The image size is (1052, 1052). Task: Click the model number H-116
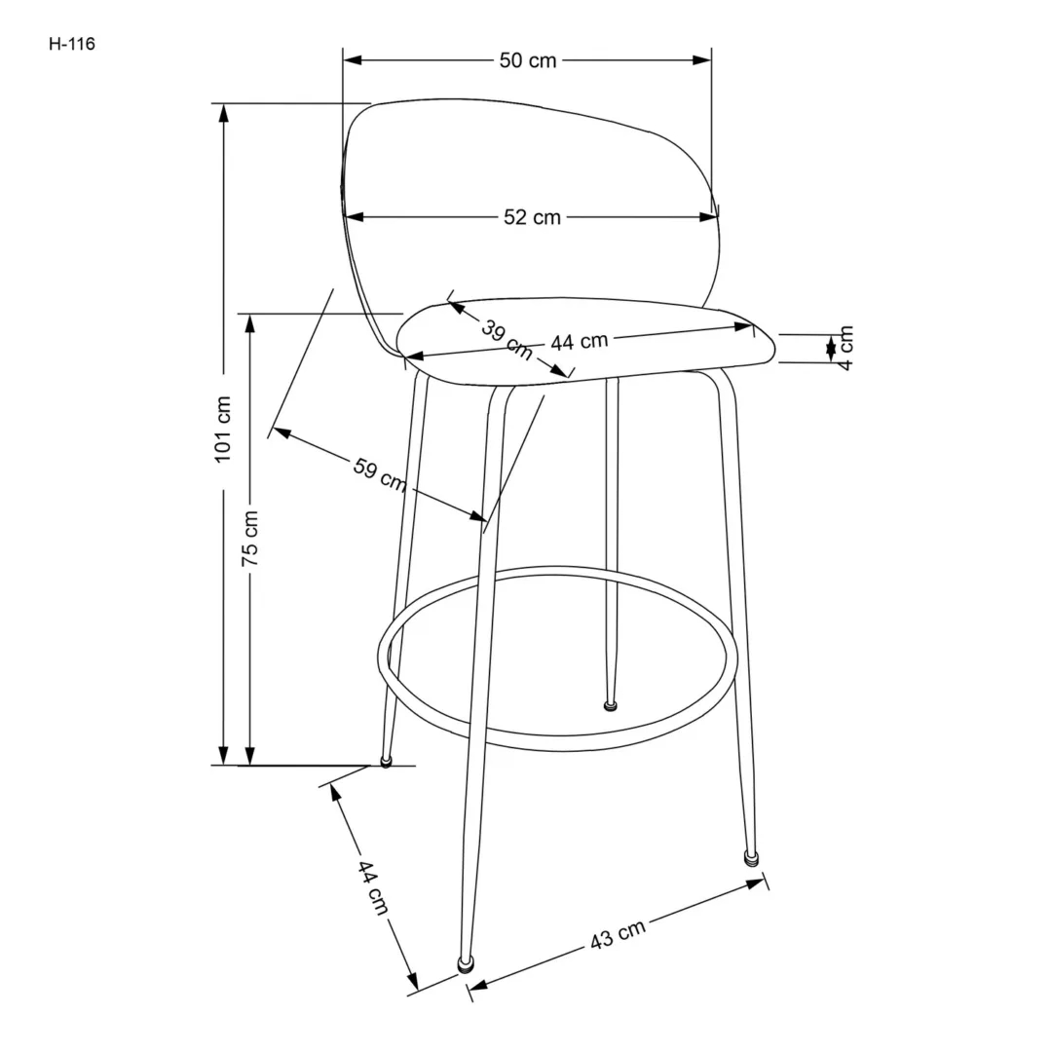[x=72, y=44]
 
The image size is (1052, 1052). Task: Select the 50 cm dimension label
[x=527, y=60]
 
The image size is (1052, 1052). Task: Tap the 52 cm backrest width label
[x=532, y=217]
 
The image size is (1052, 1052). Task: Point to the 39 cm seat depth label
[x=506, y=338]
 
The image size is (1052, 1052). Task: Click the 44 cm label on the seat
[x=579, y=342]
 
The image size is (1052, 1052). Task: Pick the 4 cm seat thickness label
[x=845, y=348]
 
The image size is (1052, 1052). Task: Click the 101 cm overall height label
[x=223, y=429]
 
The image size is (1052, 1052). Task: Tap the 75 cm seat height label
[x=250, y=538]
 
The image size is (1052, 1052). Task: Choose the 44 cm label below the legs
[x=371, y=887]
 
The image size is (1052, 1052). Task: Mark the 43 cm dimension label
[x=618, y=935]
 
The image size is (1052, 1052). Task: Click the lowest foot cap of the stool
[x=467, y=964]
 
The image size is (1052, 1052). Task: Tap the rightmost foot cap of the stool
[x=751, y=858]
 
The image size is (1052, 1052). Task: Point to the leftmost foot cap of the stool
[x=386, y=762]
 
